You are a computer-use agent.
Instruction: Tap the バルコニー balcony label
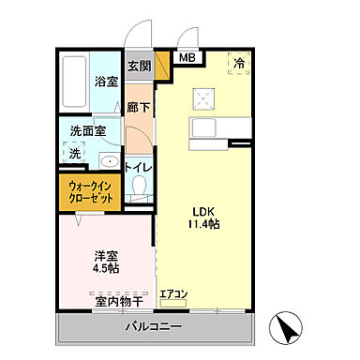(x=156, y=326)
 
